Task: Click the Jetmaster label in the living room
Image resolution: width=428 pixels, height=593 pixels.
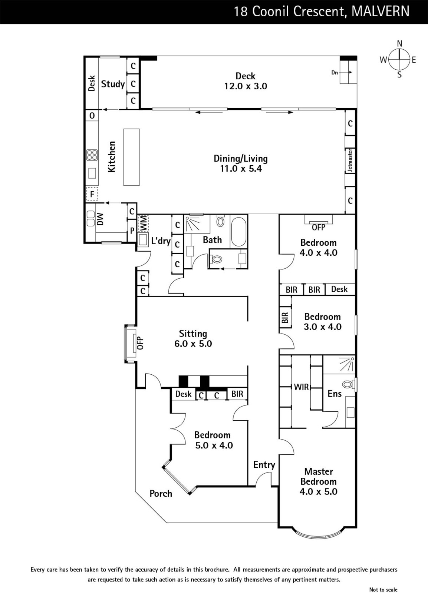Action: pos(350,160)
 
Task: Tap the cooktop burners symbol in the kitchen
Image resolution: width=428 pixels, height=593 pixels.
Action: pos(92,155)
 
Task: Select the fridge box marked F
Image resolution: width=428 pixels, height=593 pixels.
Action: pos(92,194)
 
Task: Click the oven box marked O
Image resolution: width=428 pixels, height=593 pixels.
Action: pos(92,116)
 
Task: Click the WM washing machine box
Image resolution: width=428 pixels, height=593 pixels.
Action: pos(143,224)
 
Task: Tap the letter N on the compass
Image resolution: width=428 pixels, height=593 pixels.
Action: pos(400,44)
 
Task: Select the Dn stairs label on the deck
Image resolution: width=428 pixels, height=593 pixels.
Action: pos(335,72)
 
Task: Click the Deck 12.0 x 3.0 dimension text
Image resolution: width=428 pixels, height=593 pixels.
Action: pos(246,86)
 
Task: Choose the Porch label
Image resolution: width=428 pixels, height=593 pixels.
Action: pos(161,494)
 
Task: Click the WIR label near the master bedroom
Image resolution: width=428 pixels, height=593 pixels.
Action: pos(302,387)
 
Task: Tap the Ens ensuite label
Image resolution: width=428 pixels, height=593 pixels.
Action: pos(335,394)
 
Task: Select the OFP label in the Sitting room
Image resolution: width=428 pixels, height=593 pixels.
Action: pos(140,343)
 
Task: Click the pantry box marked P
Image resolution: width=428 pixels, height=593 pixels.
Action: pos(132,231)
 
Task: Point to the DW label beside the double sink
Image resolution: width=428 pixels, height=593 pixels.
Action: pos(101,219)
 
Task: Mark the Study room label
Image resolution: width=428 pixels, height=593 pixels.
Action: pos(113,84)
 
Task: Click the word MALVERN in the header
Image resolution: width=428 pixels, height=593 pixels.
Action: pos(380,11)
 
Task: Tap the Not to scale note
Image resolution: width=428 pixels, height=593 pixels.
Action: pos(383,589)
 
